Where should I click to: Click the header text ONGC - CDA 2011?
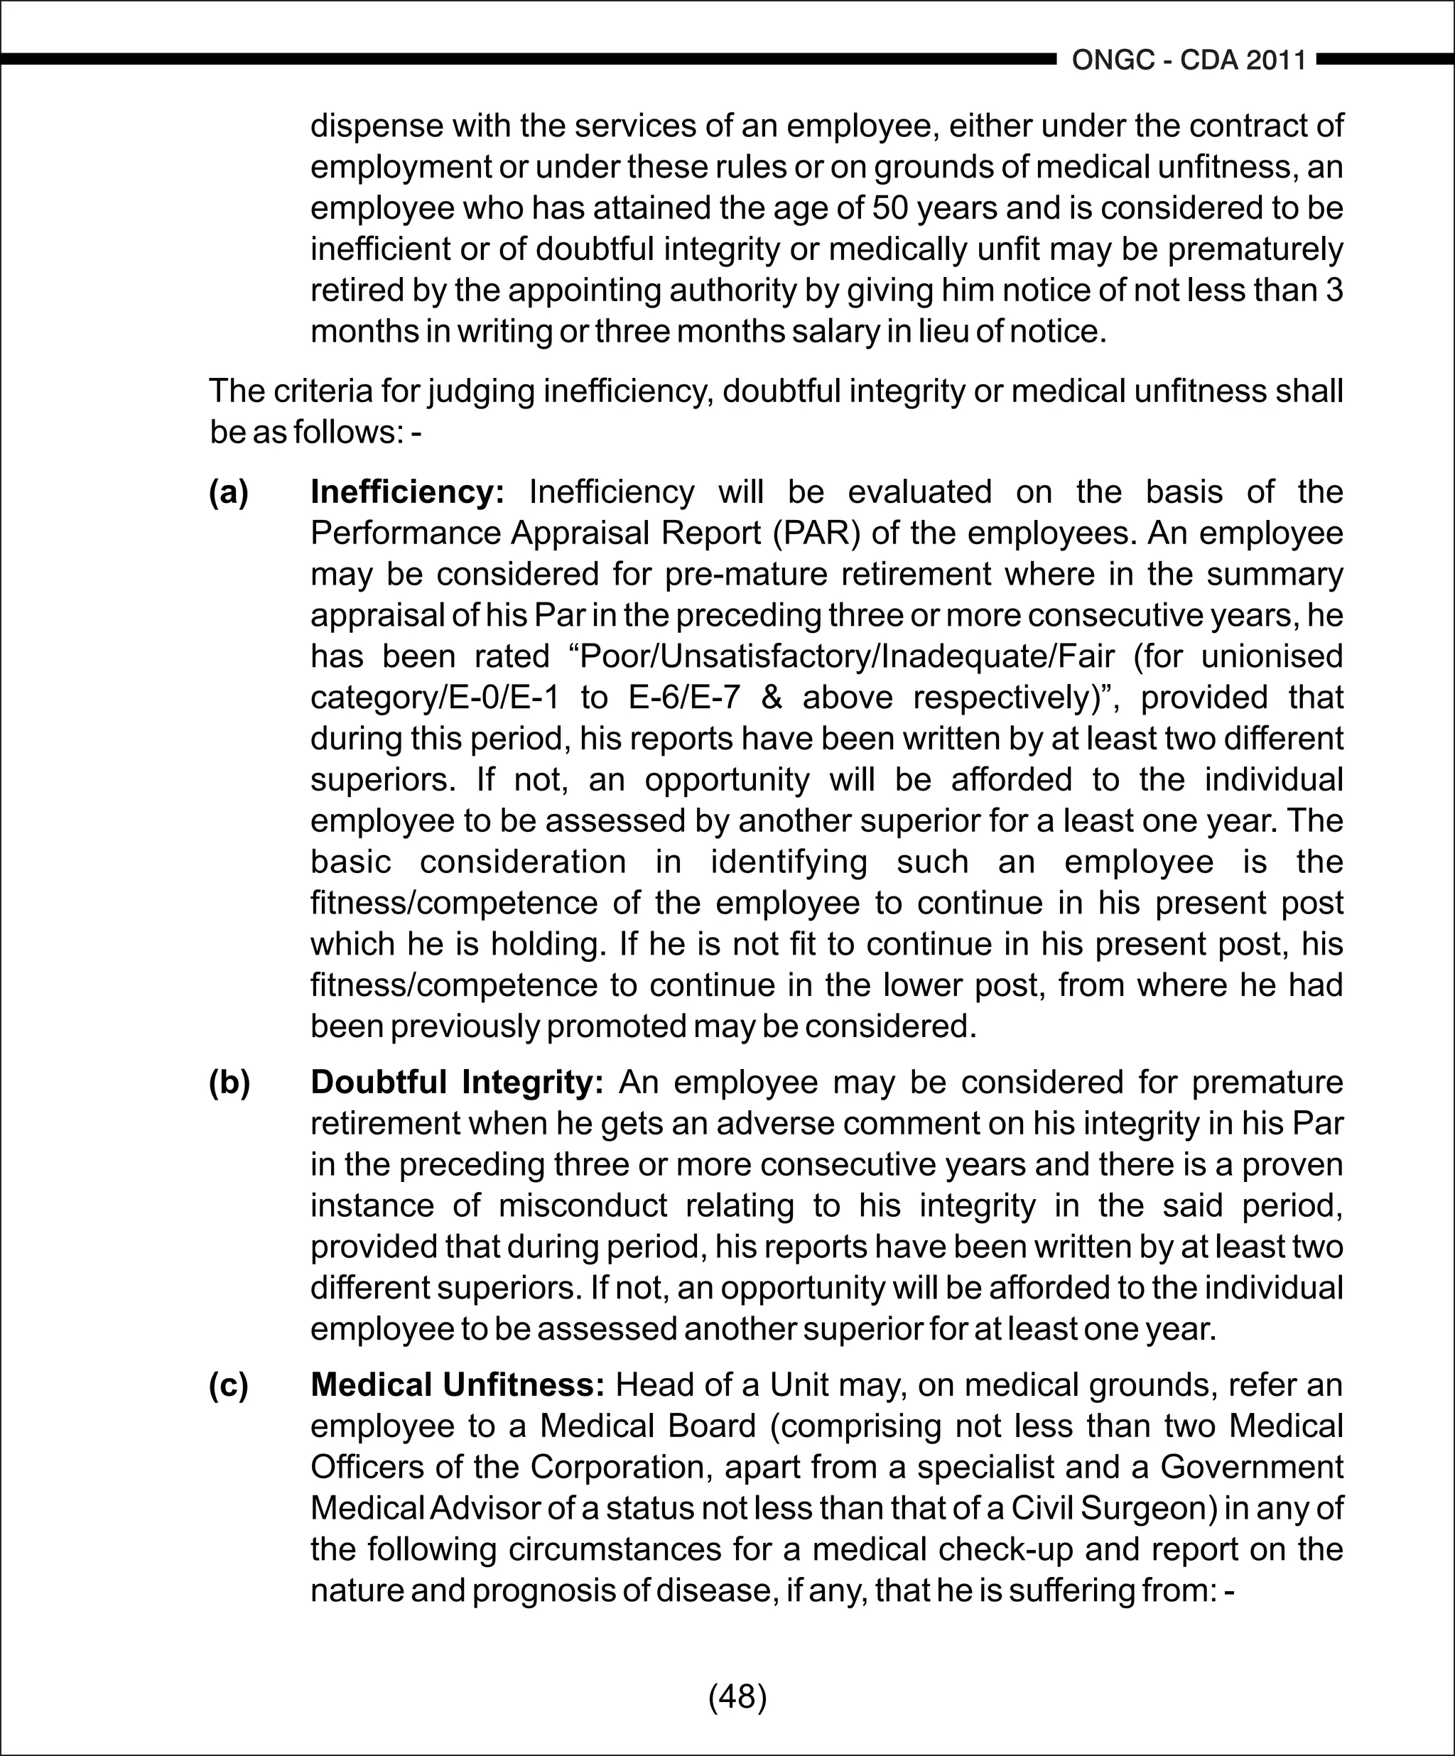pos(1189,60)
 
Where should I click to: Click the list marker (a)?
pos(228,492)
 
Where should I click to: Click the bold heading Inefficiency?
pos(407,492)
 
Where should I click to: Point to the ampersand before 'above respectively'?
pos(771,698)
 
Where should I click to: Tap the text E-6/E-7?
pos(685,698)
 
